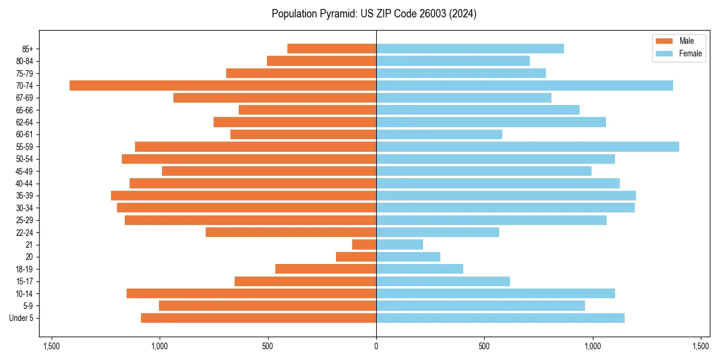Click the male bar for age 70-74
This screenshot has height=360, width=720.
tap(223, 85)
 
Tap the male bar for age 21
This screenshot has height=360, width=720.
tap(364, 244)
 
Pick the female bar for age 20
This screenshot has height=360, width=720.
tap(408, 257)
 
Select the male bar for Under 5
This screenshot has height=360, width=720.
tap(259, 318)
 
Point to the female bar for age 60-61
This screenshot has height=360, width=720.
tap(439, 134)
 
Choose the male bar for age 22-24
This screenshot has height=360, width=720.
tap(291, 232)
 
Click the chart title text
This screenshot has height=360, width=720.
tap(374, 14)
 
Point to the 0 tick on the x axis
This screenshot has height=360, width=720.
tap(376, 346)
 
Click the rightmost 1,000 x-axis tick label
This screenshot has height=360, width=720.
tap(592, 346)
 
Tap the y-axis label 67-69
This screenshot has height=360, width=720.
tap(25, 98)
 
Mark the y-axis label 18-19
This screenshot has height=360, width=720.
tap(25, 269)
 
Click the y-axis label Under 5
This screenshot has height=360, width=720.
tap(22, 318)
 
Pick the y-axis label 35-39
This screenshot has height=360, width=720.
tap(25, 196)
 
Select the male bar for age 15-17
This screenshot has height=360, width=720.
tap(305, 281)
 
